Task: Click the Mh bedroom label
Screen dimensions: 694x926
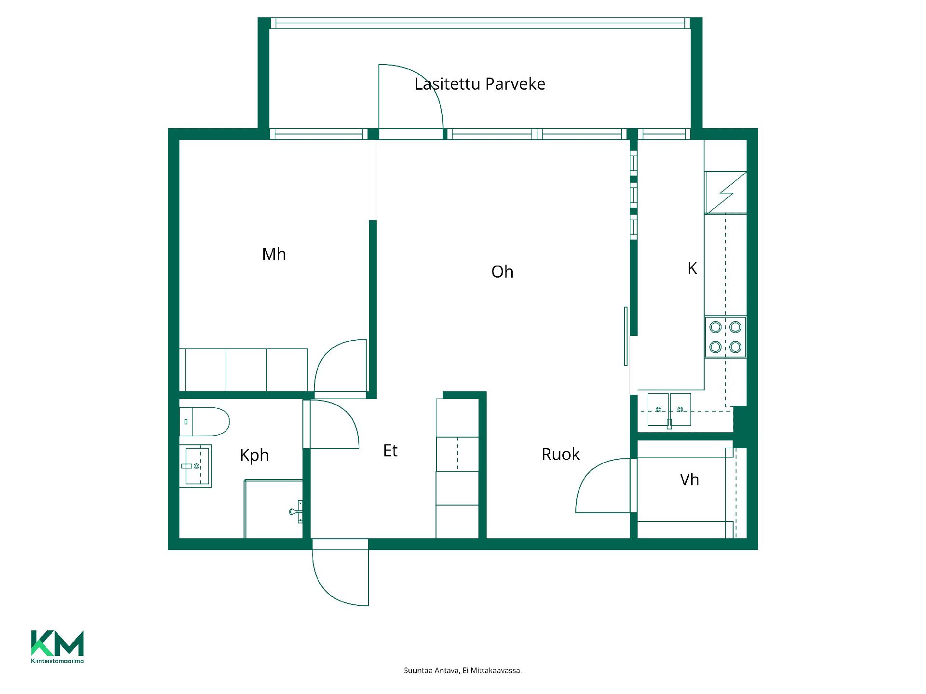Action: (x=274, y=254)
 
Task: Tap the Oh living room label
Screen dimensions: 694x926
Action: (x=502, y=272)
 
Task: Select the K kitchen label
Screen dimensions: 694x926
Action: (x=692, y=268)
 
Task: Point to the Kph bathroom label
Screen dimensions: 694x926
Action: (x=254, y=455)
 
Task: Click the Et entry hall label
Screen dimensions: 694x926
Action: (x=390, y=451)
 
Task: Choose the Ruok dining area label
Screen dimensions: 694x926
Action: (x=560, y=454)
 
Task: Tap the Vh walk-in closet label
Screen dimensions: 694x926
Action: (x=689, y=480)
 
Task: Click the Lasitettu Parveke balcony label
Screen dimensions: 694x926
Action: (x=480, y=84)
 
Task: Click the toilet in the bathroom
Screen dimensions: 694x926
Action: (x=204, y=422)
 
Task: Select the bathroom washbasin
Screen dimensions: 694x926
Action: (x=195, y=466)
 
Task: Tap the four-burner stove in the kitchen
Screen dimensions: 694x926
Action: (x=725, y=337)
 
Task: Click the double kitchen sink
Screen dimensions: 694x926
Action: (x=669, y=410)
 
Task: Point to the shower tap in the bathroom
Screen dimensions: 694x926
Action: (x=296, y=511)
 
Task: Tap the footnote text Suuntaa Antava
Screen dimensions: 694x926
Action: (x=463, y=670)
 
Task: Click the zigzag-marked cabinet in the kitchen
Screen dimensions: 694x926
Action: (x=725, y=193)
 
